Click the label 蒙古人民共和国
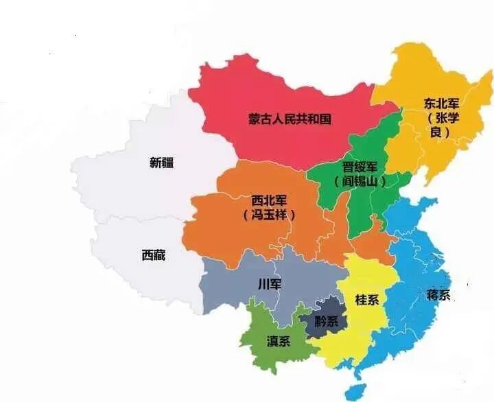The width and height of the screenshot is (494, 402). pos(290,119)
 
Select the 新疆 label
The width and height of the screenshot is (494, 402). pos(162,163)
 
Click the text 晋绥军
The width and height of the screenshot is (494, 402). pos(359,167)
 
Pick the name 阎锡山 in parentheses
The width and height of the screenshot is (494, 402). pos(360,182)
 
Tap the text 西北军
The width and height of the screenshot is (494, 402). pos(269,200)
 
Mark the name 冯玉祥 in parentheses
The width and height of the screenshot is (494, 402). pos(269,215)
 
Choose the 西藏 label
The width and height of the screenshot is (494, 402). pos(153,255)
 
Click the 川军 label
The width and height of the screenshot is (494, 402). pos(269,284)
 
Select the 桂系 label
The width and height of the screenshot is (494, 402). pos(366,300)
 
